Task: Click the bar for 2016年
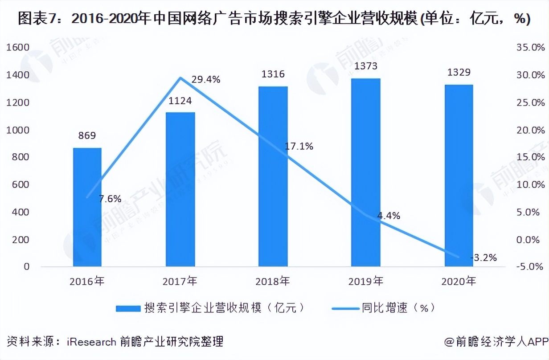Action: point(87,207)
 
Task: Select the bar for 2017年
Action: point(180,189)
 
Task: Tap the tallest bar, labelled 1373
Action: point(365,172)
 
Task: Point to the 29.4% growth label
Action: point(205,80)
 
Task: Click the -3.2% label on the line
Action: point(483,258)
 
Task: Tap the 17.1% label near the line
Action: point(299,146)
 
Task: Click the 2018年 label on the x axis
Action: point(273,282)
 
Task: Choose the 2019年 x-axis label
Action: point(365,282)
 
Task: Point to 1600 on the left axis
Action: point(17,47)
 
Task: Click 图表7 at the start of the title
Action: point(32,19)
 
